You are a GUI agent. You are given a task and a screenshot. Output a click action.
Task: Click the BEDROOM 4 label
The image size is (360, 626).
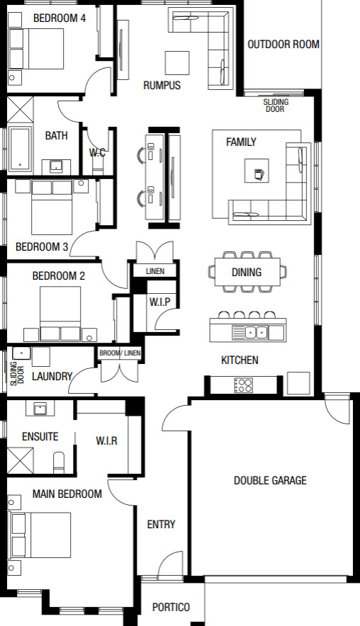point(59,18)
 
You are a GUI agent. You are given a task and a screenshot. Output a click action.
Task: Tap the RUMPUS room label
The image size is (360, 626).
point(162,85)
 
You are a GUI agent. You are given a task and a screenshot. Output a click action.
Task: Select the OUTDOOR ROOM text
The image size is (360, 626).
point(283,45)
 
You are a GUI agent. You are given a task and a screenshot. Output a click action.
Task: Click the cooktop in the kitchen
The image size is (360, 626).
point(243,385)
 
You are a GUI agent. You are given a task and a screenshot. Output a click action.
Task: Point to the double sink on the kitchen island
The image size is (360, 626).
point(256,332)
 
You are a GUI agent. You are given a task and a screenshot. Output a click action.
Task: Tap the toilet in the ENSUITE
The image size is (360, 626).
point(59,462)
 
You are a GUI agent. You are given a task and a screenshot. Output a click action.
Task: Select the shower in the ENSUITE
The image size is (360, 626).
point(21,461)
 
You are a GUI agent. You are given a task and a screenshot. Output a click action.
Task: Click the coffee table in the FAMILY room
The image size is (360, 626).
point(257,171)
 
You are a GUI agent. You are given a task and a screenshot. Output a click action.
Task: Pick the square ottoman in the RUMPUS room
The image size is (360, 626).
point(177,63)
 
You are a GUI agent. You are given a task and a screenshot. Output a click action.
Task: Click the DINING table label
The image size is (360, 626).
point(247,272)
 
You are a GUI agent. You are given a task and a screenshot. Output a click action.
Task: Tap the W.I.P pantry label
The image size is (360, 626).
point(160,302)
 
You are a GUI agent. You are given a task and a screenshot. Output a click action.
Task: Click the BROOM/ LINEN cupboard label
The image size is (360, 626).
point(120,353)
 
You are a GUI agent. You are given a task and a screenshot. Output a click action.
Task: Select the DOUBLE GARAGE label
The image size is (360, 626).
point(270,480)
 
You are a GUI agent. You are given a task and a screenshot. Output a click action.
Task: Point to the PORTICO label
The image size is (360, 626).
point(171,608)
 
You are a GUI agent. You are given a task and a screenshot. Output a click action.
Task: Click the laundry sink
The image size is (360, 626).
point(21,353)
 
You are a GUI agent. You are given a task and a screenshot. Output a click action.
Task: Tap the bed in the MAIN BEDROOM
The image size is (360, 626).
point(40,535)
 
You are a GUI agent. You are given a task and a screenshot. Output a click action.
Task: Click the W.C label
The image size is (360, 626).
point(97,152)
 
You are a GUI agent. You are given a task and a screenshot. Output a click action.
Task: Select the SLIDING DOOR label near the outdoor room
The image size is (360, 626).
point(276,106)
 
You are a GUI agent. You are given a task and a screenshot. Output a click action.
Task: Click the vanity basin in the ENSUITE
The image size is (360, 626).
point(40,409)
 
